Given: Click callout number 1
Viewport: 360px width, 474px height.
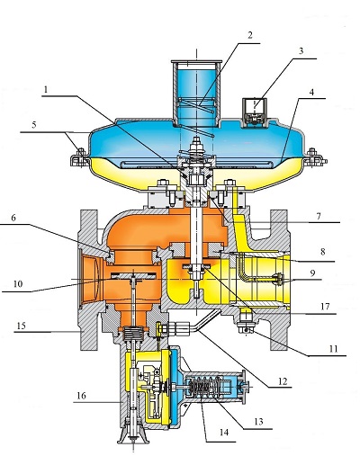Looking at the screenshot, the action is pyautogui.click(x=46, y=90).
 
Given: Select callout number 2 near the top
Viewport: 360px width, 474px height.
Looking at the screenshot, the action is pyautogui.click(x=250, y=35).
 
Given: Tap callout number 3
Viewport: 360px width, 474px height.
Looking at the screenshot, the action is pyautogui.click(x=301, y=50).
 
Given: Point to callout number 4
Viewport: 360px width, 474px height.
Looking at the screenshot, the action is pyautogui.click(x=311, y=92).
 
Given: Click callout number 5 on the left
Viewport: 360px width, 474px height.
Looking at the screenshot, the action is pyautogui.click(x=34, y=124).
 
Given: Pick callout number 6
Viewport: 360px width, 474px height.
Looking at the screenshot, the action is pyautogui.click(x=13, y=218).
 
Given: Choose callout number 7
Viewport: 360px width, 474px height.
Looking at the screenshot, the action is pyautogui.click(x=319, y=216).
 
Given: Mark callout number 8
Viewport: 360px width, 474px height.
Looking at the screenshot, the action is pyautogui.click(x=323, y=252).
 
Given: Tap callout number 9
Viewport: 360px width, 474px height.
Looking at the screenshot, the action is pyautogui.click(x=312, y=273).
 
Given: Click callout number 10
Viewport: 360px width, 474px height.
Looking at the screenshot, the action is pyautogui.click(x=18, y=284).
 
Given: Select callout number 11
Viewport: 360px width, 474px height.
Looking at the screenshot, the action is pyautogui.click(x=333, y=349).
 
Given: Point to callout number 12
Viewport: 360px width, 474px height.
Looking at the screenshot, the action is pyautogui.click(x=283, y=381).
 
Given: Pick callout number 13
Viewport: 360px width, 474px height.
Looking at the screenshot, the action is pyautogui.click(x=258, y=422).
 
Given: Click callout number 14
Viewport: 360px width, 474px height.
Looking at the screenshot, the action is pyautogui.click(x=224, y=433).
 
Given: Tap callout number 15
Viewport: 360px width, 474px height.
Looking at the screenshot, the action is pyautogui.click(x=22, y=326).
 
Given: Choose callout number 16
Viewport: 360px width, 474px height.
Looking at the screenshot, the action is pyautogui.click(x=81, y=396).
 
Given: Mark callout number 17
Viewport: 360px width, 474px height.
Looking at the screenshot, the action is pyautogui.click(x=325, y=307).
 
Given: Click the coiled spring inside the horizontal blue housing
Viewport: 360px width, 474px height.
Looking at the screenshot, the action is pyautogui.click(x=202, y=387).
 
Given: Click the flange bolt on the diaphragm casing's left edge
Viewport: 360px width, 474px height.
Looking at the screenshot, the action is pyautogui.click(x=80, y=157).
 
